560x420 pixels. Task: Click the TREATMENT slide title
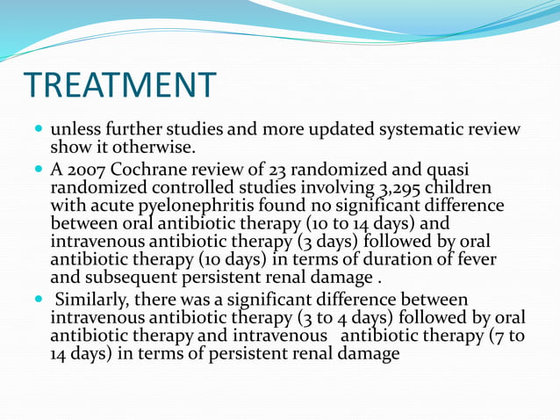click(120, 84)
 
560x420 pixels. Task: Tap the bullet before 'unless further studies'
click(38, 130)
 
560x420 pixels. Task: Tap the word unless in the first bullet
click(74, 130)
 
